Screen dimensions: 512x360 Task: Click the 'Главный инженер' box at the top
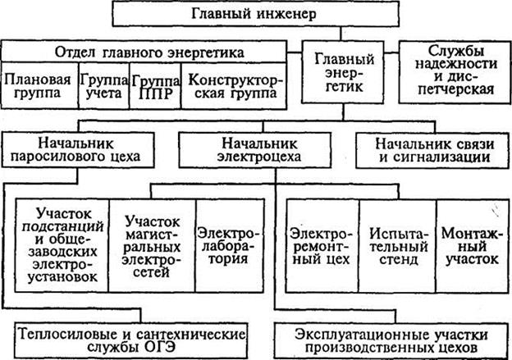(x=255, y=14)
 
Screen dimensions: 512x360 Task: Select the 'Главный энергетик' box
(x=342, y=72)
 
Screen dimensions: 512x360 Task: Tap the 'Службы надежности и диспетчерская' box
(x=455, y=72)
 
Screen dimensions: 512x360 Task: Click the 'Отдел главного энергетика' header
(x=144, y=52)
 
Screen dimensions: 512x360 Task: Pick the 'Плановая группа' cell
(x=39, y=85)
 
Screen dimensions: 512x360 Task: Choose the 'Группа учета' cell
(x=104, y=85)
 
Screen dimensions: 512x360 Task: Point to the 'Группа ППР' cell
(x=155, y=85)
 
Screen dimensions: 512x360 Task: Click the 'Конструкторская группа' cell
(x=234, y=85)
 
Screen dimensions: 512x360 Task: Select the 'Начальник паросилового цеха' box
(x=78, y=150)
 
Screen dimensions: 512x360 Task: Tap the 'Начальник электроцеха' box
(x=255, y=150)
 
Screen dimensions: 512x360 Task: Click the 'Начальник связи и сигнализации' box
(x=432, y=150)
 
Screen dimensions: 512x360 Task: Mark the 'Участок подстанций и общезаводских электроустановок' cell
(x=62, y=245)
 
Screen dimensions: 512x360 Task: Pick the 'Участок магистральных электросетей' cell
(x=152, y=245)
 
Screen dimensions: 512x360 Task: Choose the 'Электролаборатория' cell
(x=230, y=245)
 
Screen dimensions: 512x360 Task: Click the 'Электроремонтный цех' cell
(x=322, y=245)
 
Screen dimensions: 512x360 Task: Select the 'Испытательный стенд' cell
(x=398, y=245)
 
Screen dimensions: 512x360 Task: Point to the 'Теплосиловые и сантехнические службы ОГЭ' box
(x=131, y=340)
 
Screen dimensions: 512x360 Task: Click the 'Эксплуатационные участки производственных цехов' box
(x=391, y=341)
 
